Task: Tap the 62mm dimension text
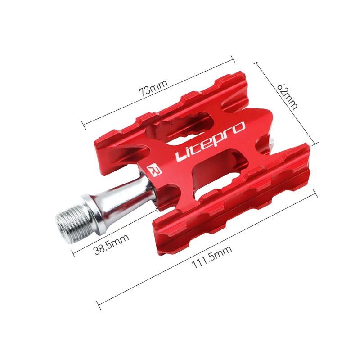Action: click(x=287, y=95)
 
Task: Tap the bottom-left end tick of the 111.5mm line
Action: click(x=99, y=306)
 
